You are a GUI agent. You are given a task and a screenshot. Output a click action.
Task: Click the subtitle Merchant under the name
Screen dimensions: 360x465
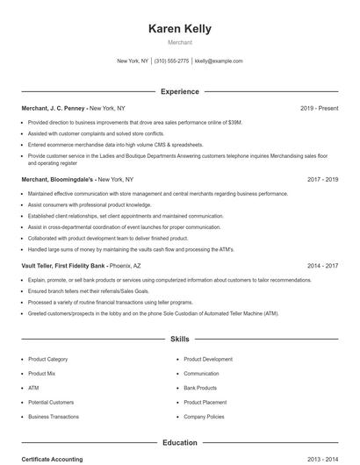click(180, 42)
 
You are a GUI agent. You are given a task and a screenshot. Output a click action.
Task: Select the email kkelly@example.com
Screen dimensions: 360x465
click(219, 61)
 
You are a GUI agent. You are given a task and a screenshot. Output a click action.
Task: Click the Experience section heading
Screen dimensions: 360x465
click(180, 91)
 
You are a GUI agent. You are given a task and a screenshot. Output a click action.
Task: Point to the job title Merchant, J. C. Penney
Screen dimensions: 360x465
click(54, 108)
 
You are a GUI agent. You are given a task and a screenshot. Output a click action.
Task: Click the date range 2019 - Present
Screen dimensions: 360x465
click(319, 108)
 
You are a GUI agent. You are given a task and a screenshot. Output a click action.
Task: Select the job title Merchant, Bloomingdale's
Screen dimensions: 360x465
click(58, 179)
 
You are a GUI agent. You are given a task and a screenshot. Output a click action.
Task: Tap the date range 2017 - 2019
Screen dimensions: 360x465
click(322, 179)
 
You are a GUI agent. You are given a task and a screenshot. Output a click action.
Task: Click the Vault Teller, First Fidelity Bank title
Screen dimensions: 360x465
click(63, 265)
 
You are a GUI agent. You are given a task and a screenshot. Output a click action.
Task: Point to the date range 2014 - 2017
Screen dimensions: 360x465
click(322, 265)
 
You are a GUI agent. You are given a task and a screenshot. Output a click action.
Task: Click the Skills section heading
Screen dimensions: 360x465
click(180, 338)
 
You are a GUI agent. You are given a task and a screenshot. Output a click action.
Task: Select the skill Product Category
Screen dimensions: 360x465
click(47, 359)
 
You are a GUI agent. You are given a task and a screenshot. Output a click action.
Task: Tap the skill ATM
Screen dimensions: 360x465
click(33, 388)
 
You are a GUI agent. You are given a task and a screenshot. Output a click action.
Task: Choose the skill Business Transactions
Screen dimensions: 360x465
click(53, 417)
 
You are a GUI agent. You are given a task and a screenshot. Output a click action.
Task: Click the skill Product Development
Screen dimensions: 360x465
click(208, 359)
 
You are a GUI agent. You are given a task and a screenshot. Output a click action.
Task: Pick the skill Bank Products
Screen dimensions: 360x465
click(200, 388)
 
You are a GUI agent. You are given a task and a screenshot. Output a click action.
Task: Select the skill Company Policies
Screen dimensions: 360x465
click(204, 417)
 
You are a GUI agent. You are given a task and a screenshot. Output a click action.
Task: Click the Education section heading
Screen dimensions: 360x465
click(180, 443)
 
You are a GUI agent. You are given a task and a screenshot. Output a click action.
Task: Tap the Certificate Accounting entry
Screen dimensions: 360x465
click(52, 460)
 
